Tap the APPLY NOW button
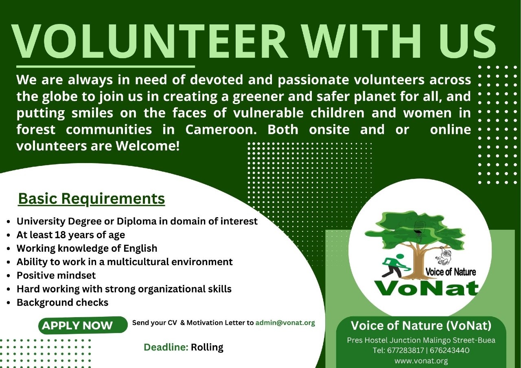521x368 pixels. point(83,325)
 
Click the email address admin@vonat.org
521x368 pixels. point(285,323)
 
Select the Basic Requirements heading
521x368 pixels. point(92,199)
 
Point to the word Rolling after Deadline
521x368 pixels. point(207,347)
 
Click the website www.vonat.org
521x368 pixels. point(421,361)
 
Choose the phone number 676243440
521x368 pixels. point(449,350)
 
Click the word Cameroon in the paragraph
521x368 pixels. point(221,130)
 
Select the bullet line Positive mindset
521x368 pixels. point(56,275)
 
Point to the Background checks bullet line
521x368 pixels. point(62,303)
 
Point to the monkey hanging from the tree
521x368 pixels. point(444,256)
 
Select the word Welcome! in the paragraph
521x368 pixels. point(148,146)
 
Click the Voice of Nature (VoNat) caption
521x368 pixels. point(421,325)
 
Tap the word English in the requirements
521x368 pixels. point(140,248)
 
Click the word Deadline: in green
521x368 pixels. point(166,347)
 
